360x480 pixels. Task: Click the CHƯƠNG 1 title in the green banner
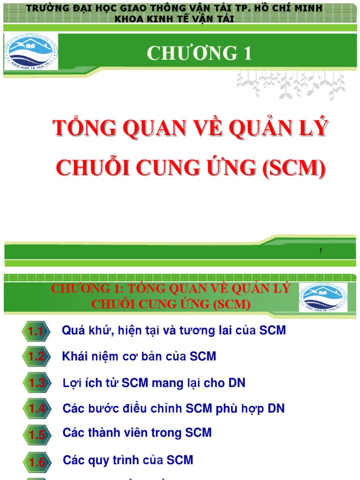tap(199, 54)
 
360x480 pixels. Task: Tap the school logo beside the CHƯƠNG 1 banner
tap(31, 52)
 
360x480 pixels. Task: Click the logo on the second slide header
tap(323, 297)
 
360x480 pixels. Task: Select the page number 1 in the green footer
tap(321, 251)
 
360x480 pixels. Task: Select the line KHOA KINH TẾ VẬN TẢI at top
tap(174, 19)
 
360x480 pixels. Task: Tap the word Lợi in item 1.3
tap(73, 383)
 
